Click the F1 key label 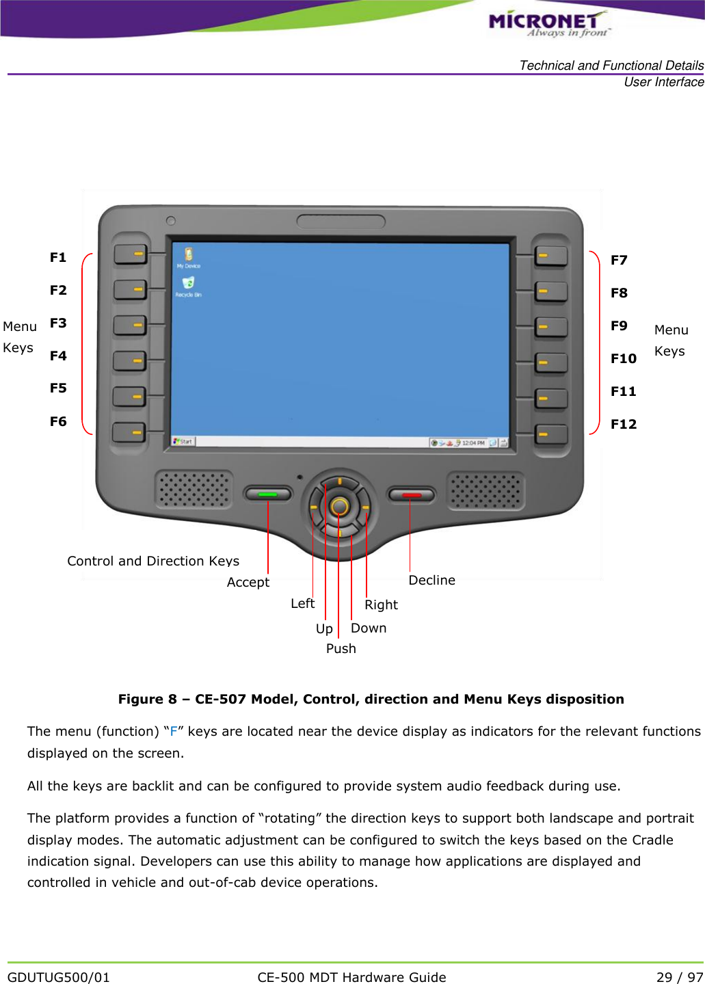coord(58,257)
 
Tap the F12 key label coord(623,424)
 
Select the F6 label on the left coord(58,421)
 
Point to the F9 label coord(619,325)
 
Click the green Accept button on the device coord(267,494)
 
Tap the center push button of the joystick coord(339,507)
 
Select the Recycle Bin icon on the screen coord(188,283)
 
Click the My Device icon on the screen coord(188,256)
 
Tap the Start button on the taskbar coord(183,442)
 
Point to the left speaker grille coord(194,489)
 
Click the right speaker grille coord(485,490)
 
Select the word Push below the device coord(341,648)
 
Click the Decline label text coord(431,580)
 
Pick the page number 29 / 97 coord(679,977)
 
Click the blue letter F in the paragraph coord(174,731)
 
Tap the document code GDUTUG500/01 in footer coord(59,977)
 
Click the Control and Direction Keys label coord(153,561)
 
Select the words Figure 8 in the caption coord(148,699)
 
